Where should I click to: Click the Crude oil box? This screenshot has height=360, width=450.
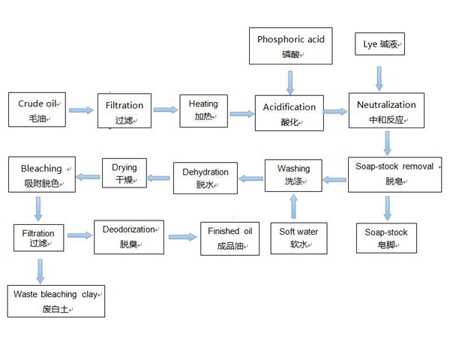tap(37, 110)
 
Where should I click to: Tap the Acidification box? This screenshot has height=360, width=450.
tap(289, 112)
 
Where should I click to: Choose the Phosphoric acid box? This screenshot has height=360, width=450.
tap(291, 46)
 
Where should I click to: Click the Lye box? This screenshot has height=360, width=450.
tap(379, 45)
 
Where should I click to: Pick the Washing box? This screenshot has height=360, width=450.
tap(293, 175)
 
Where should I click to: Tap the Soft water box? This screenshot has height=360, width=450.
tap(298, 238)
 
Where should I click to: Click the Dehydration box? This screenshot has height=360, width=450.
tap(205, 178)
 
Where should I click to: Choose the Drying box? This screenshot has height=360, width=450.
tap(124, 173)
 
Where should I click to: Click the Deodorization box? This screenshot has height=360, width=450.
tap(129, 235)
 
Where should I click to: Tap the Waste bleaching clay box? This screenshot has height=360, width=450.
tap(56, 301)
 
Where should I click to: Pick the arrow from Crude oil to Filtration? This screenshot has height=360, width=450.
tap(81, 111)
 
